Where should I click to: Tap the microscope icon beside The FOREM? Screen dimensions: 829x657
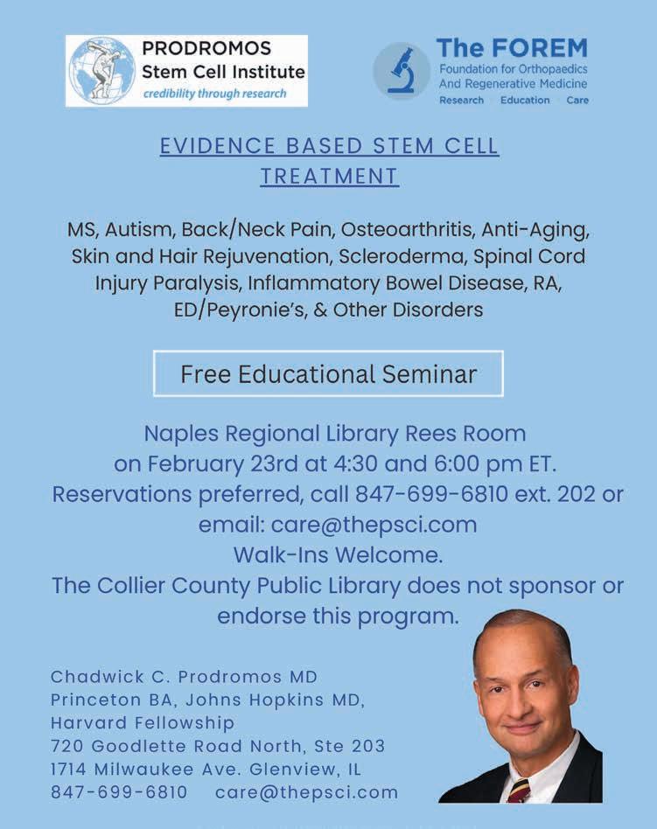coord(402,71)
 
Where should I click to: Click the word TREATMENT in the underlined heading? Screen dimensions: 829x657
coord(329,177)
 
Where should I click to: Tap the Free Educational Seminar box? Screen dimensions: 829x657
coord(328,374)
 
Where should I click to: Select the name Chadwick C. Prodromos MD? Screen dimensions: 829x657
coord(184,677)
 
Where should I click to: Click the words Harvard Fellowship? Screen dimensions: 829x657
coord(143,723)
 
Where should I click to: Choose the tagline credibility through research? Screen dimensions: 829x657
coord(215,94)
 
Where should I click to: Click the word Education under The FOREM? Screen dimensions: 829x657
coord(525,101)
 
